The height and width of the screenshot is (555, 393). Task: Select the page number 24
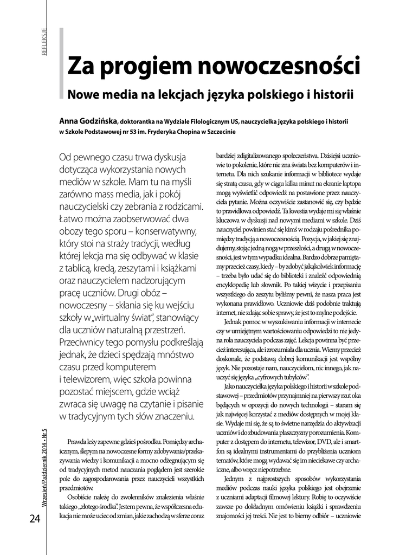(x=35, y=519)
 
